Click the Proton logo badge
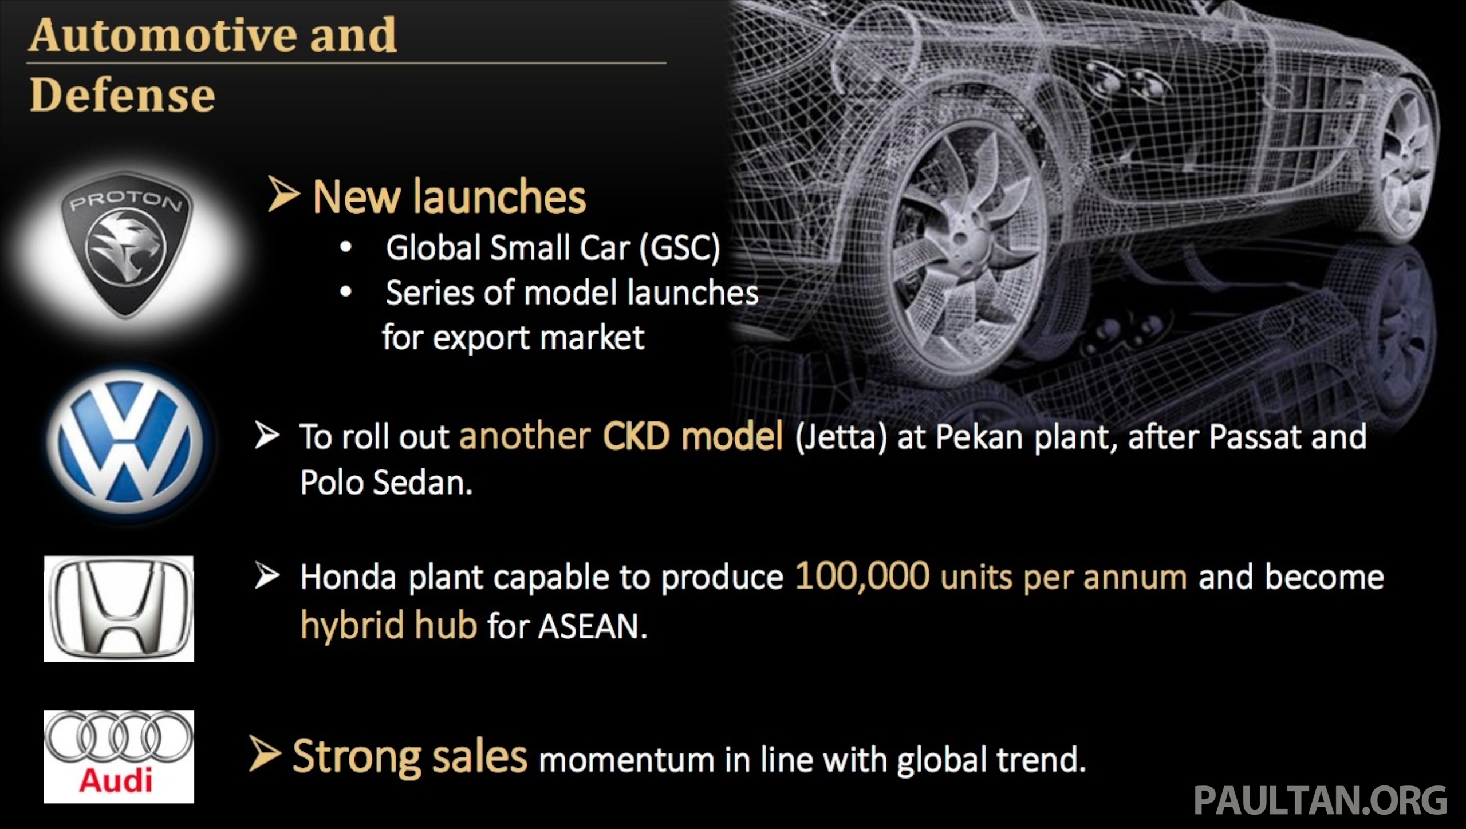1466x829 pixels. (x=126, y=245)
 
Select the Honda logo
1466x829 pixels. (x=119, y=609)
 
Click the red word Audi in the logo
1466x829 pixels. (x=116, y=780)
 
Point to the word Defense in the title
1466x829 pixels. (x=122, y=95)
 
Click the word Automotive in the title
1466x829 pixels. (x=163, y=35)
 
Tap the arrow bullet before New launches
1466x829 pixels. (x=283, y=195)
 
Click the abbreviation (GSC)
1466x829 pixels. (x=680, y=248)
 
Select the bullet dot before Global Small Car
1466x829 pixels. (x=345, y=248)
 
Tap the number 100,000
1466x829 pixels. (x=862, y=576)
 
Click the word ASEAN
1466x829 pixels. (x=592, y=626)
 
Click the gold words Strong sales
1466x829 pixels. (x=409, y=757)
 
